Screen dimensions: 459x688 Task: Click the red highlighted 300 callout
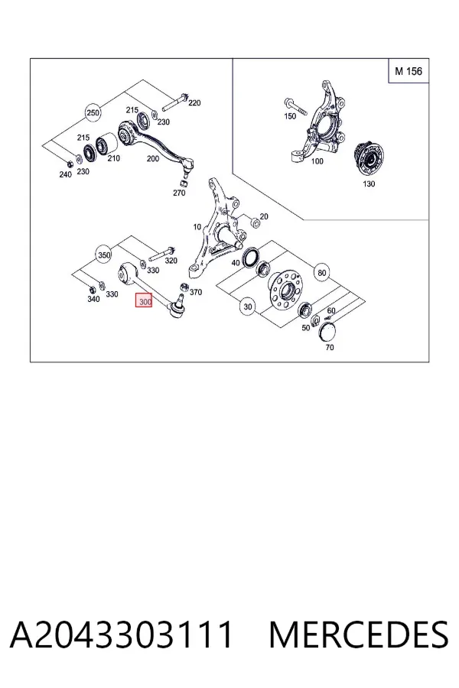pos(144,301)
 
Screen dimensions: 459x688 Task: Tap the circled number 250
pos(93,113)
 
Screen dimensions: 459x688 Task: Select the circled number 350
pos(104,255)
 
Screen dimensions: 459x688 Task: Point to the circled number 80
pos(322,273)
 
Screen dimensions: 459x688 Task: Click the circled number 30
pos(248,307)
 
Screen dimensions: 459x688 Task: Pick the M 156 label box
pos(409,70)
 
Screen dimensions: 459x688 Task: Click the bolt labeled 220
pos(175,102)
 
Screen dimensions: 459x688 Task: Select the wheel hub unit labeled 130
pos(369,159)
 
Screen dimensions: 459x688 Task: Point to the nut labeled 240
pos(69,164)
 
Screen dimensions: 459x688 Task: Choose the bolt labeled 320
pos(162,254)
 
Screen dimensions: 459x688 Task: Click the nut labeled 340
pos(92,290)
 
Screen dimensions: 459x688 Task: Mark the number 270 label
pos(179,193)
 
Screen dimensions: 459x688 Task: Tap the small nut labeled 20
pos(254,222)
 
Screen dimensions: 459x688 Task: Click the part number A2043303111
pos(121,634)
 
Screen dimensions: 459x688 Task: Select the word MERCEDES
pos(359,634)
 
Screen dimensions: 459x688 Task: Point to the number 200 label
pos(152,158)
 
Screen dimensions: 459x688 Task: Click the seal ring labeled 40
pos(250,257)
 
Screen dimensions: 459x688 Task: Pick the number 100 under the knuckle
pos(317,161)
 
